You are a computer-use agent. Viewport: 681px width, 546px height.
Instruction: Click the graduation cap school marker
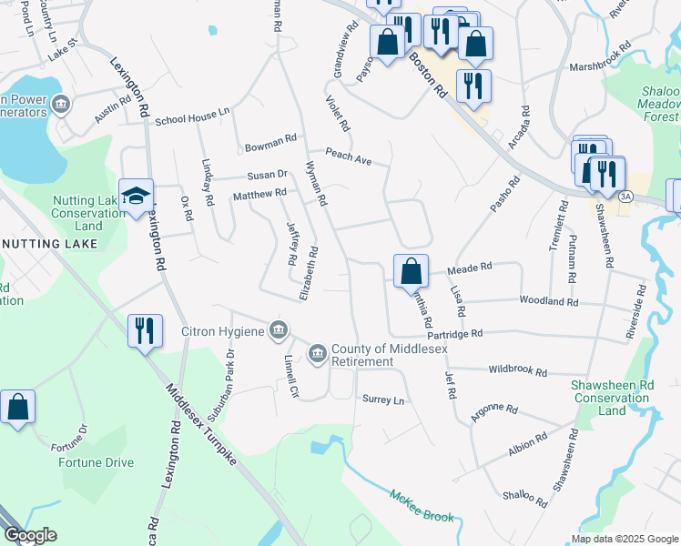click(x=136, y=197)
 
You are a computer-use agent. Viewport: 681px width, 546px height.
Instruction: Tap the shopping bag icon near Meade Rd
click(x=411, y=270)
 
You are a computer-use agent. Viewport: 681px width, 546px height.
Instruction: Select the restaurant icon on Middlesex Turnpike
click(x=145, y=330)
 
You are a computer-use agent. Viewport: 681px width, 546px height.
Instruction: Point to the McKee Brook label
click(x=422, y=505)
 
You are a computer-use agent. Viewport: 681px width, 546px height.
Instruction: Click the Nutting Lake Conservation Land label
click(x=88, y=212)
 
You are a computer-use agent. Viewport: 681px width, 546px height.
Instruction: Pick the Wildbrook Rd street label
click(x=517, y=372)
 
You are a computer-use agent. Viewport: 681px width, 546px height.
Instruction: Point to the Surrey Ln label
click(x=382, y=399)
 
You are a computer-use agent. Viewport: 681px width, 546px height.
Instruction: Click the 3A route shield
click(x=625, y=196)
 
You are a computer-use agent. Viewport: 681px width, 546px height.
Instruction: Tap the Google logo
click(x=30, y=535)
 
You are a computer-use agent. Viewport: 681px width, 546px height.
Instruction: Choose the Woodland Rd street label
click(x=548, y=301)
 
